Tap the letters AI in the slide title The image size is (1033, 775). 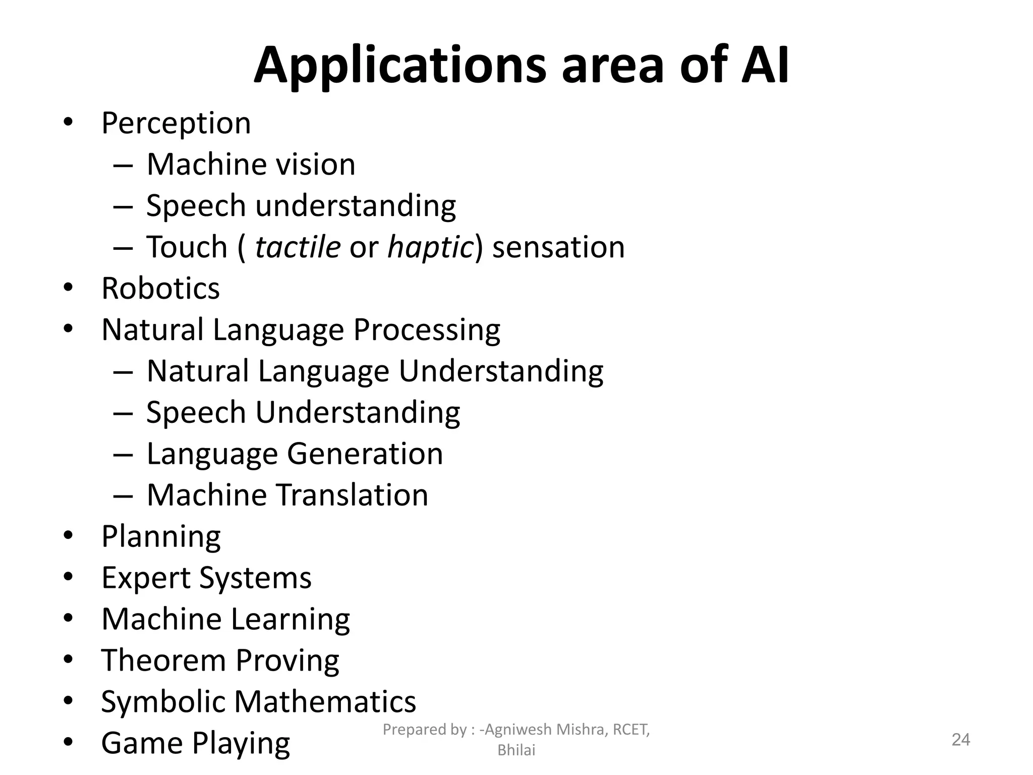tap(765, 65)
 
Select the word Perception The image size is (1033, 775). tap(176, 123)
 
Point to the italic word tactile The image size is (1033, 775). tap(298, 247)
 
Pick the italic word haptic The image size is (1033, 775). tap(429, 248)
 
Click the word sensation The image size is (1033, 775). tap(558, 247)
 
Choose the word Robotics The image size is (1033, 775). tap(161, 289)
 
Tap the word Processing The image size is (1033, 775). tap(427, 330)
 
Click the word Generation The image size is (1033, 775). tap(365, 454)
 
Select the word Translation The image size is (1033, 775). tap(353, 495)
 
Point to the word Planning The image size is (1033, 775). tap(161, 537)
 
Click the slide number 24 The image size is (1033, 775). tap(960, 740)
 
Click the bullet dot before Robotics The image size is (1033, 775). tap(69, 288)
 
